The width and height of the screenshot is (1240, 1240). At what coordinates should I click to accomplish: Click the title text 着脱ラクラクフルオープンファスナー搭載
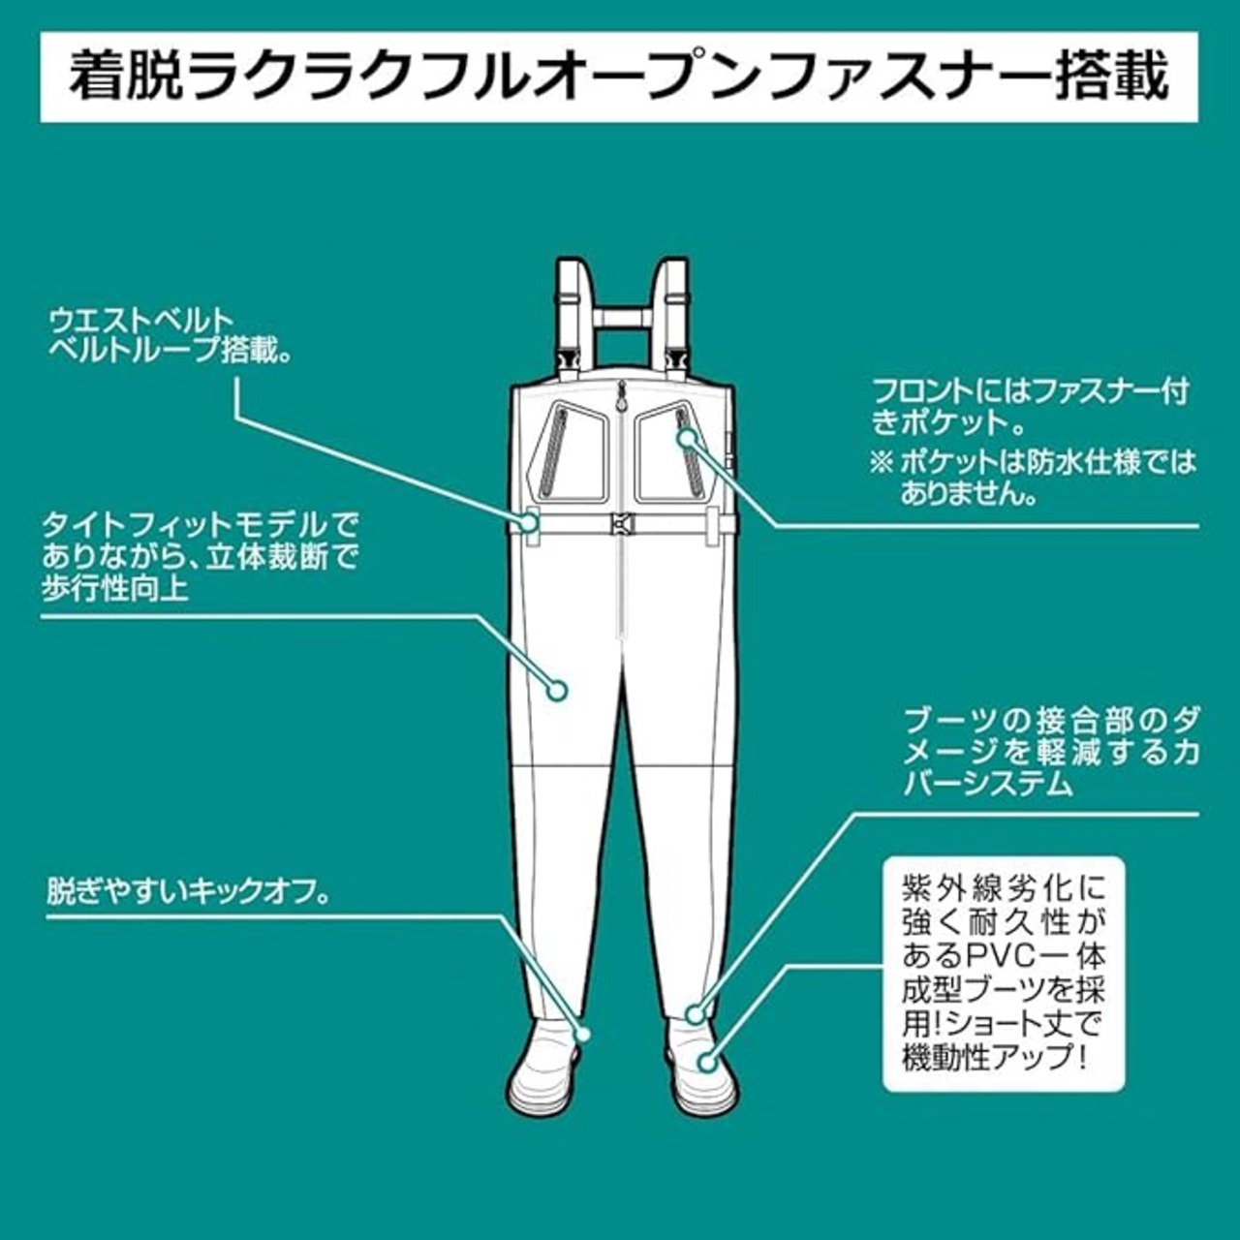pyautogui.click(x=618, y=77)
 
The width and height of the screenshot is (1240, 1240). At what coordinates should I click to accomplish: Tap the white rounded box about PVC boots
pyautogui.click(x=1004, y=975)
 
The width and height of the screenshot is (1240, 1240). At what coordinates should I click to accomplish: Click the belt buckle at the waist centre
pyautogui.click(x=621, y=524)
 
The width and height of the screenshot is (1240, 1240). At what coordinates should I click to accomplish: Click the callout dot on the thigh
pyautogui.click(x=557, y=691)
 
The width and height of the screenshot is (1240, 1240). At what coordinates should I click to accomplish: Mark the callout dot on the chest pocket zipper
pyautogui.click(x=687, y=439)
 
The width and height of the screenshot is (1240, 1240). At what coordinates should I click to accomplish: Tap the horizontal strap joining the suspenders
pyautogui.click(x=622, y=317)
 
